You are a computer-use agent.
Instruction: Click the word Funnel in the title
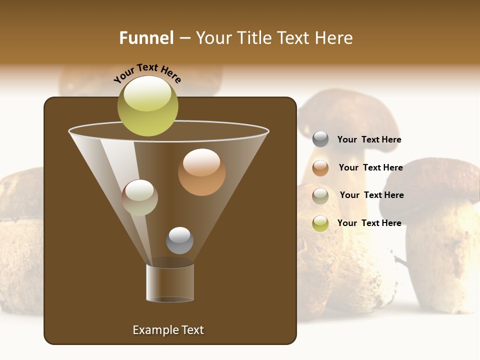(x=146, y=38)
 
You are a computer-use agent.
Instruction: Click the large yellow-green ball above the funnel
(x=147, y=106)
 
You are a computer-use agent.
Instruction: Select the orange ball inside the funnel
(x=201, y=172)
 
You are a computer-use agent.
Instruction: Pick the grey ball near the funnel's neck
(x=179, y=240)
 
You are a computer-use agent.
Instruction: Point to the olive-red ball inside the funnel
(x=139, y=197)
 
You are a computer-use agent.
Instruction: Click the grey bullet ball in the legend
(x=320, y=139)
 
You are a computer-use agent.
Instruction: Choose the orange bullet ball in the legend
(x=320, y=168)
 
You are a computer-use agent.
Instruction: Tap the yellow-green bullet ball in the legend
(x=320, y=223)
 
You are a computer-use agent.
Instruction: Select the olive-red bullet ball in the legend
(x=320, y=196)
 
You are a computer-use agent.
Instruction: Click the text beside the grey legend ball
(x=369, y=139)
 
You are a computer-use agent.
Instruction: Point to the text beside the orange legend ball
(x=370, y=167)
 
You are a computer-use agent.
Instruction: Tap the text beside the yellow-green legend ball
(x=369, y=223)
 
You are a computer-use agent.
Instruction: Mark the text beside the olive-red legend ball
(x=371, y=195)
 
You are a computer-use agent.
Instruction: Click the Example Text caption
(x=168, y=330)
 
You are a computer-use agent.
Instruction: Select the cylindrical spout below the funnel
(x=170, y=282)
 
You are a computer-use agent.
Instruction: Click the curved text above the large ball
(x=147, y=73)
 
